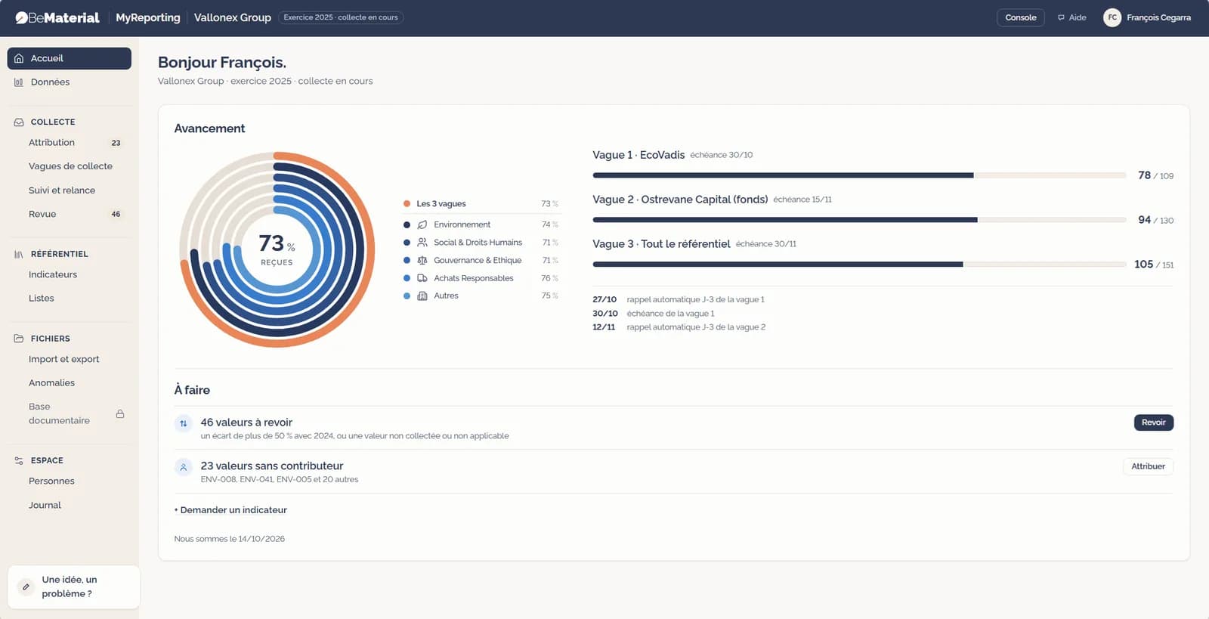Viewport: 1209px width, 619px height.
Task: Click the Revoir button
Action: [x=1153, y=422]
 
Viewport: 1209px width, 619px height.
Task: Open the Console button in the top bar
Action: [x=1020, y=18]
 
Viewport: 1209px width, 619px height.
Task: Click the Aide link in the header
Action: [x=1072, y=18]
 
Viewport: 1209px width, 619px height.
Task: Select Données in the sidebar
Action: [x=50, y=82]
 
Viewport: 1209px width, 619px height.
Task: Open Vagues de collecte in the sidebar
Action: [x=71, y=166]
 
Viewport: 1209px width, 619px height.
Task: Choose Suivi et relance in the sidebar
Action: [x=62, y=190]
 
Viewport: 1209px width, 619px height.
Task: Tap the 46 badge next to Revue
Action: [x=116, y=214]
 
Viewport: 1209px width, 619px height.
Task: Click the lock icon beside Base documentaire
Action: [x=120, y=414]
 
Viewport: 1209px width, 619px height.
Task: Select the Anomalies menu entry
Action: [x=52, y=382]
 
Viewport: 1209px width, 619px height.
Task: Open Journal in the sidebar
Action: [x=45, y=505]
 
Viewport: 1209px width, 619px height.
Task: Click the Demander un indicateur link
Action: [x=230, y=510]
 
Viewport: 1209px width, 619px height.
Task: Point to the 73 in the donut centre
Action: [x=271, y=243]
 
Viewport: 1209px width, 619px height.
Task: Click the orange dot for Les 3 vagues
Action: [x=407, y=203]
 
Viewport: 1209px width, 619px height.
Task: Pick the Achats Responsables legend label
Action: [x=473, y=278]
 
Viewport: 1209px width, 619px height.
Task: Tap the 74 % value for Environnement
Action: [x=550, y=224]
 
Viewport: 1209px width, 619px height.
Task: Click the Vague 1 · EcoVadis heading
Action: [x=639, y=155]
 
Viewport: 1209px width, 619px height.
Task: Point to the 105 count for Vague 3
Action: [x=1143, y=265]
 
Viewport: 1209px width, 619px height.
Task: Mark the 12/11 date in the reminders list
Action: [x=604, y=327]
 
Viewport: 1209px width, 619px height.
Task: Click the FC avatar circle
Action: [x=1112, y=18]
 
